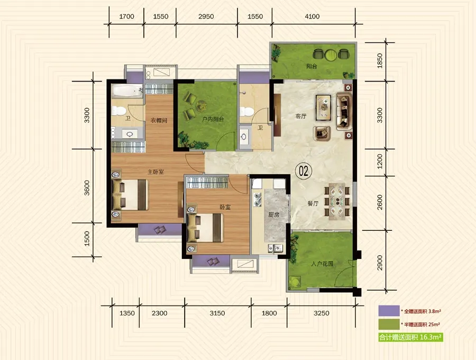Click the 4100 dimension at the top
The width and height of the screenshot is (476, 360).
click(x=312, y=16)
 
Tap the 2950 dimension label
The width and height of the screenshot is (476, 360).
click(x=206, y=16)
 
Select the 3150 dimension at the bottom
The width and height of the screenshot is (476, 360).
click(x=217, y=313)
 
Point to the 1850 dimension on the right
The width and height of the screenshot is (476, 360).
click(x=379, y=61)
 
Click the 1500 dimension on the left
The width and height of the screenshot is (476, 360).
click(x=87, y=238)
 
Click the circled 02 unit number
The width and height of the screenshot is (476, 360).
click(x=304, y=171)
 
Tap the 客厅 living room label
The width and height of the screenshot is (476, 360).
click(x=301, y=116)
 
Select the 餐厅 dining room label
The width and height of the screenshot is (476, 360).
click(x=313, y=203)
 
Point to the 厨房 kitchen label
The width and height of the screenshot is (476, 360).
click(x=273, y=215)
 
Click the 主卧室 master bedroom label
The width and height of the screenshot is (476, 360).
click(x=155, y=172)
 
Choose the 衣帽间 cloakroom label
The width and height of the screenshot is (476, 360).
click(x=159, y=120)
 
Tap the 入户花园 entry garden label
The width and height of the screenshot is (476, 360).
click(x=322, y=264)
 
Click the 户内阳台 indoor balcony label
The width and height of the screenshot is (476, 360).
click(x=213, y=119)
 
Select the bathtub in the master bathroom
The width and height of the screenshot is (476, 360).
click(x=127, y=91)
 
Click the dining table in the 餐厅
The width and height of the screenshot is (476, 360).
click(x=337, y=201)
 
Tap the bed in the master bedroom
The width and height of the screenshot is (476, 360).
click(x=130, y=195)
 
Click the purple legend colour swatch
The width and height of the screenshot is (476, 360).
click(x=389, y=311)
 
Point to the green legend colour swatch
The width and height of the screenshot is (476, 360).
click(x=389, y=324)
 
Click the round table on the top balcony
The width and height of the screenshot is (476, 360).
click(x=331, y=55)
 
